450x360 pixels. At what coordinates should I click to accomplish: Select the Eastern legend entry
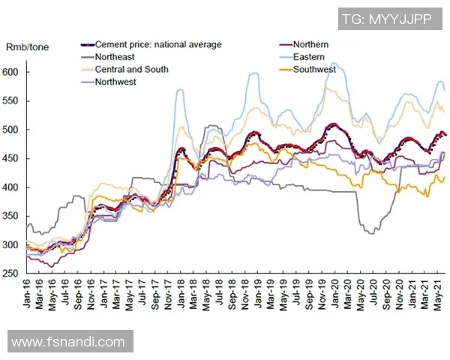click(310, 57)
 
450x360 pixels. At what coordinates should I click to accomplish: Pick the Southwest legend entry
click(315, 70)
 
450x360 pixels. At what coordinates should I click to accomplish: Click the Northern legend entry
click(310, 45)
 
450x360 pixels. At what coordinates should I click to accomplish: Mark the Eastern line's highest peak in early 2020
click(334, 63)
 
